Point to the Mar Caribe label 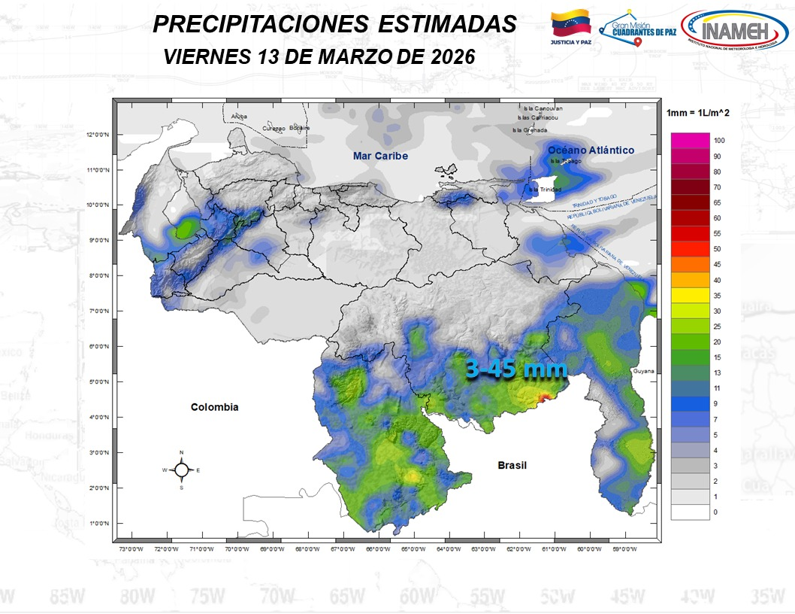coord(380,156)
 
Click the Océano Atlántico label coord(591,150)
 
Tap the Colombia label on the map coord(214,407)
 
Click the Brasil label coord(512,466)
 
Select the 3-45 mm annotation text coord(515,369)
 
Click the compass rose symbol coord(181,470)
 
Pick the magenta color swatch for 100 coord(691,141)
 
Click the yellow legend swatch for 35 coord(691,296)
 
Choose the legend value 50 coord(718,249)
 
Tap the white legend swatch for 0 coord(691,512)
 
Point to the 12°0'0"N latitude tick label coord(98,135)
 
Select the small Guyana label coord(643,371)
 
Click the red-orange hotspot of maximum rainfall coord(546,397)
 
